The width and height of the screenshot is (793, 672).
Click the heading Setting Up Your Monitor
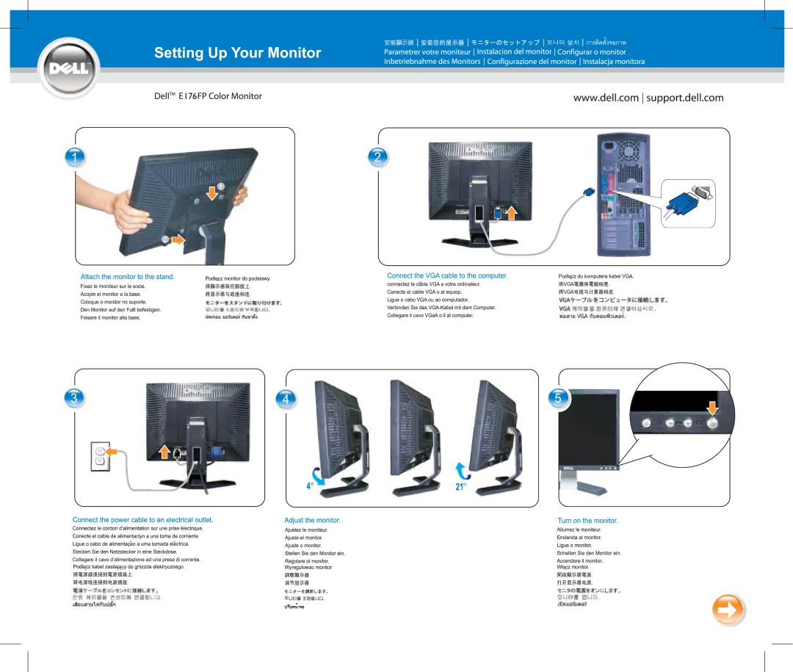pos(237,53)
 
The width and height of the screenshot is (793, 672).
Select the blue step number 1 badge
pos(73,156)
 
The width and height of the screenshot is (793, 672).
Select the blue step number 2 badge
pos(377,156)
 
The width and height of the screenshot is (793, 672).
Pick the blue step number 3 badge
pos(73,397)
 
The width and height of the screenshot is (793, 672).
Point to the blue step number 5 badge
pos(557,398)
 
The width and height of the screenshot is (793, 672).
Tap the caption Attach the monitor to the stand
pos(127,277)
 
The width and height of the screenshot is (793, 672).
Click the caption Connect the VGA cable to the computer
pos(447,275)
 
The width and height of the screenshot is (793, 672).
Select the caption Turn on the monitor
pos(587,520)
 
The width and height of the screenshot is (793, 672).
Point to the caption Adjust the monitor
pos(312,520)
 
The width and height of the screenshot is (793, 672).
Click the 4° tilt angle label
pos(311,486)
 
